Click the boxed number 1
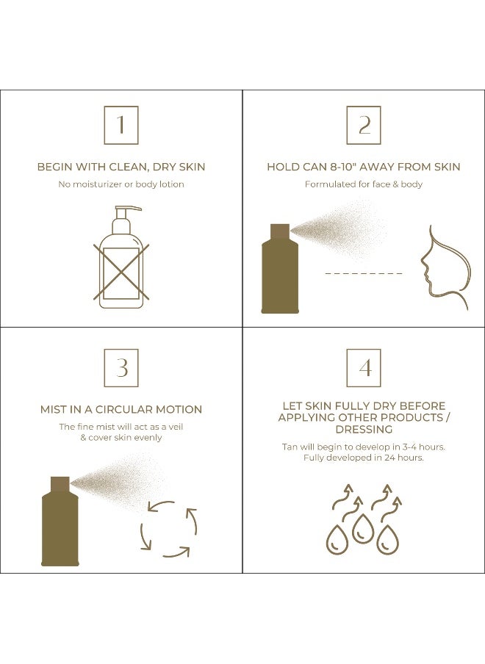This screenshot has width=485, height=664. tap(121, 125)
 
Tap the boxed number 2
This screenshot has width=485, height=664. tap(364, 125)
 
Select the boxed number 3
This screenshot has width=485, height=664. tap(121, 367)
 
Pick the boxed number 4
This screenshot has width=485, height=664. tap(364, 367)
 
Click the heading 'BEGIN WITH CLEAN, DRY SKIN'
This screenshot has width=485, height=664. tap(121, 167)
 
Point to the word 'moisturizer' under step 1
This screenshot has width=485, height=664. tap(96, 184)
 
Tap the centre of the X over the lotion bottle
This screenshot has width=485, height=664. tap(121, 273)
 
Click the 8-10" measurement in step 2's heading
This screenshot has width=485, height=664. tap(344, 167)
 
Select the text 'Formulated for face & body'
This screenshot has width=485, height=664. tap(364, 184)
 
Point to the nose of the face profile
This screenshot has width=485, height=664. tap(423, 264)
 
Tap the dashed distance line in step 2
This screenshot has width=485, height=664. tap(364, 273)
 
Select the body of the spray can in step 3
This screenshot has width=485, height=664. tap(60, 528)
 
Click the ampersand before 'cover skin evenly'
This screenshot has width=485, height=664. tap(84, 438)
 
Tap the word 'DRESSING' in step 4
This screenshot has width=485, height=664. tap(364, 430)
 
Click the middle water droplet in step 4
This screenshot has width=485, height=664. tap(363, 528)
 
